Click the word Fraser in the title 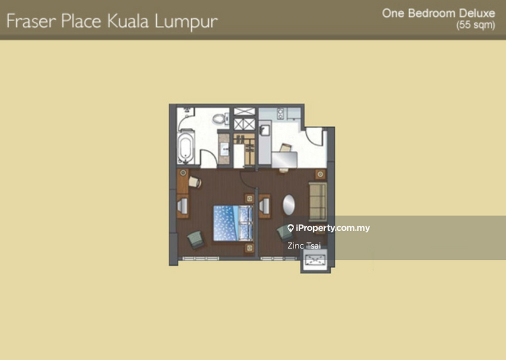31,22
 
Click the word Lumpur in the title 186,22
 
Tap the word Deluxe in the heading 477,13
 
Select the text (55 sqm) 476,25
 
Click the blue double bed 233,223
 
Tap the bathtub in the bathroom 185,147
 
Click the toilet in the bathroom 220,118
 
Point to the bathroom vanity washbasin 224,149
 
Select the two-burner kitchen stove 280,113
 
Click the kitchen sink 264,130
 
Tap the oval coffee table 289,205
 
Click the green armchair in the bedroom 196,239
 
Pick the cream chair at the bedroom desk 195,182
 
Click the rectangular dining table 284,159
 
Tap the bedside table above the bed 249,198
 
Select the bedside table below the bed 249,248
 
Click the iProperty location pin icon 290,228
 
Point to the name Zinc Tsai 304,245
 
